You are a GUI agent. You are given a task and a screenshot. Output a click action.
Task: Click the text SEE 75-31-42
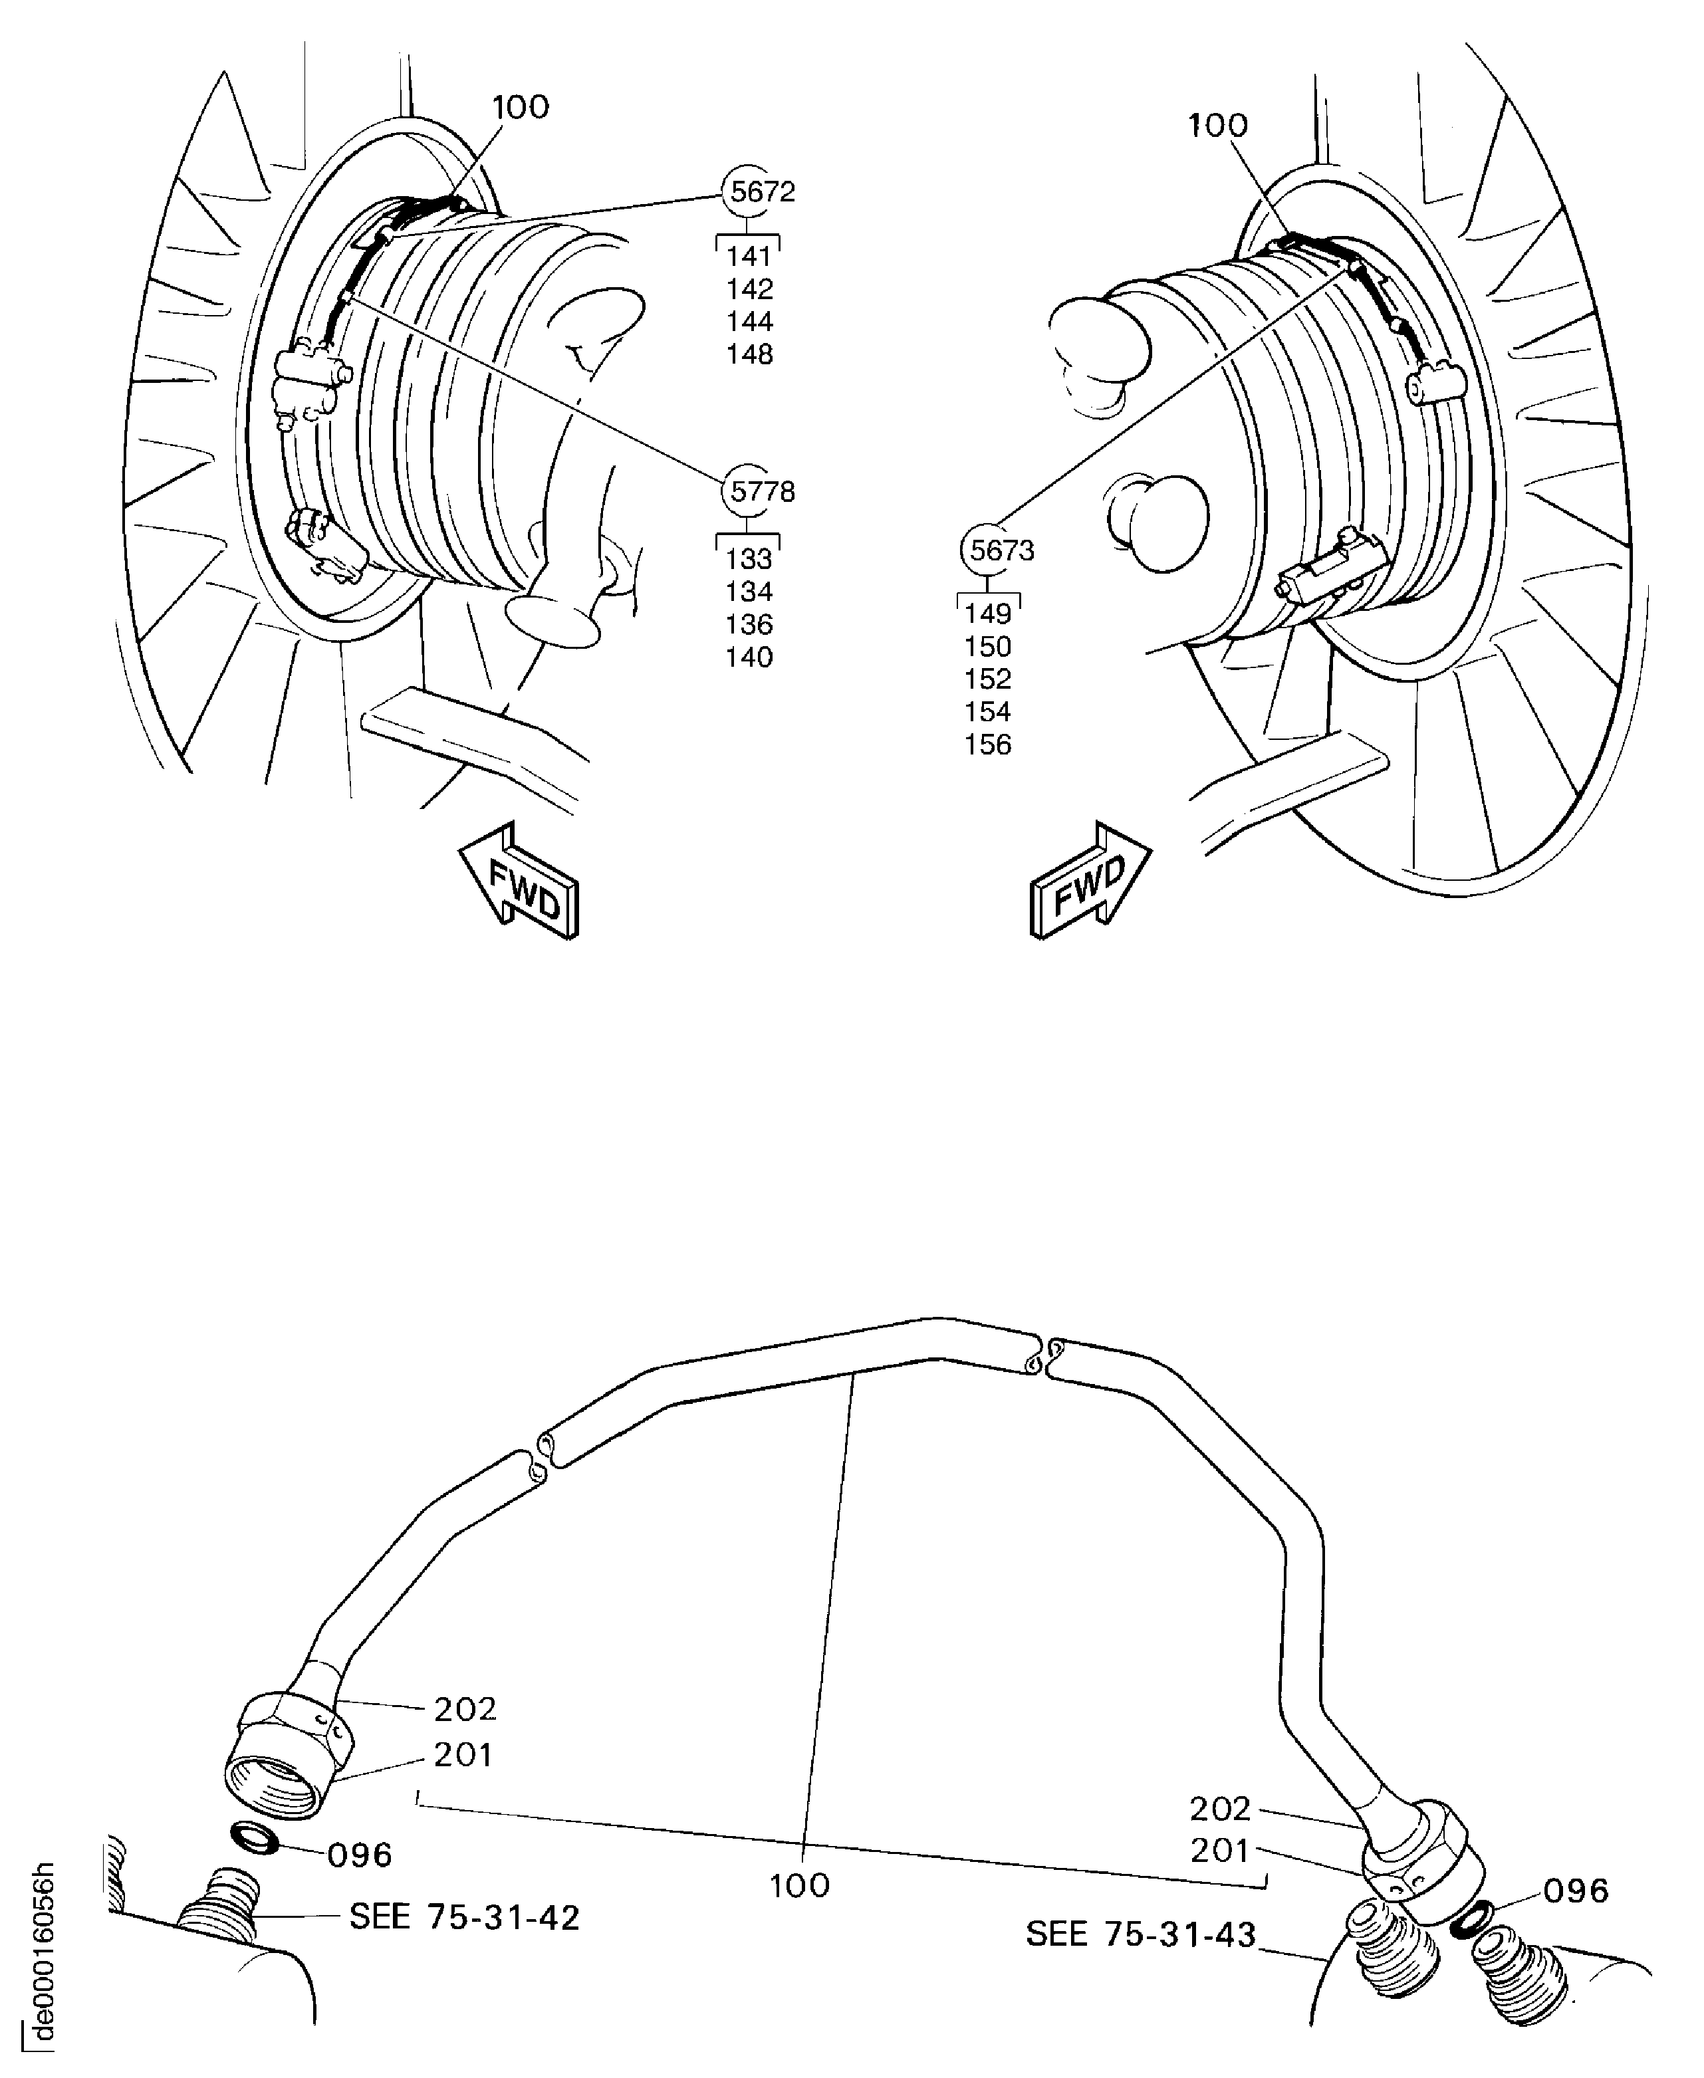pos(464,1917)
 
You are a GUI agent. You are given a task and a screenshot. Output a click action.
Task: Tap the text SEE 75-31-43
pos(1141,1934)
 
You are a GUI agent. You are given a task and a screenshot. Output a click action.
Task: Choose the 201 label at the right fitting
pos(1220,1850)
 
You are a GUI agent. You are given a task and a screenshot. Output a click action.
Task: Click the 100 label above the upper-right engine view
pos(1217,126)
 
